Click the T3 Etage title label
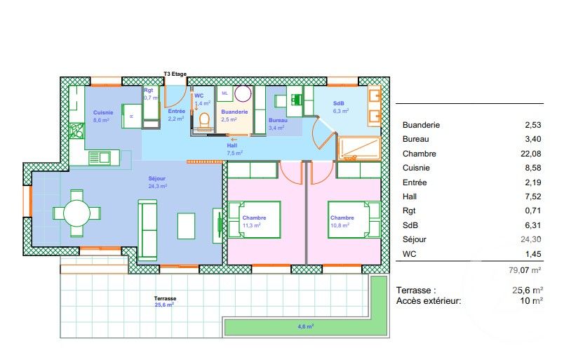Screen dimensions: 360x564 176,73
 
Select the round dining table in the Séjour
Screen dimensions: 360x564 76,213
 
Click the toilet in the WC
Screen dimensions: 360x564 204,121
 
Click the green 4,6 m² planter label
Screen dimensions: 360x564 305,326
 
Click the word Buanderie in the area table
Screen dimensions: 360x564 421,125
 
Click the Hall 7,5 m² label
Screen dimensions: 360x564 234,149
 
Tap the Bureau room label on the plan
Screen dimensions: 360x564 277,124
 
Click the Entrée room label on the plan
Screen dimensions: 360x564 176,115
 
